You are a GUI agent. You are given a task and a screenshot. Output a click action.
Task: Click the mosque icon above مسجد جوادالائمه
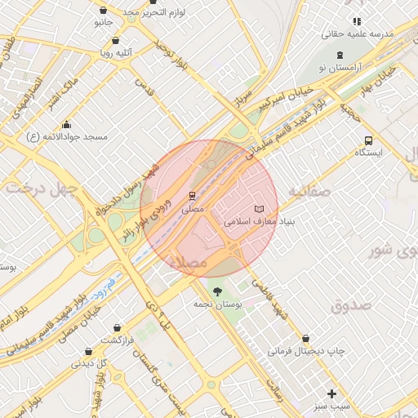pyautogui.click(x=66, y=125)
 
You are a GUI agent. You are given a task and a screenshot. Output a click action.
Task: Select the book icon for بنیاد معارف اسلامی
pyautogui.click(x=260, y=209)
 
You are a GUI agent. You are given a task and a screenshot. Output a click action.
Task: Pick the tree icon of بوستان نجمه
pyautogui.click(x=216, y=291)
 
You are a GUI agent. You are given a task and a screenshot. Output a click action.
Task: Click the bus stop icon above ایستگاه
pyautogui.click(x=369, y=140)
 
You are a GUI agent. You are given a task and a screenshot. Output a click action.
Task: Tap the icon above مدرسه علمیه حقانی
pyautogui.click(x=357, y=22)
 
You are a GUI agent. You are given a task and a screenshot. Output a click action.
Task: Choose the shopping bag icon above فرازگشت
pyautogui.click(x=119, y=327)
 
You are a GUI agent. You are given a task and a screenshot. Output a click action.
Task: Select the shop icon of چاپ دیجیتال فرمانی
pyautogui.click(x=306, y=338)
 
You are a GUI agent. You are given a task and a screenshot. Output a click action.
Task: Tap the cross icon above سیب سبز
pyautogui.click(x=331, y=393)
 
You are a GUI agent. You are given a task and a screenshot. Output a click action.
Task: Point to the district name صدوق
pyautogui.click(x=351, y=306)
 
